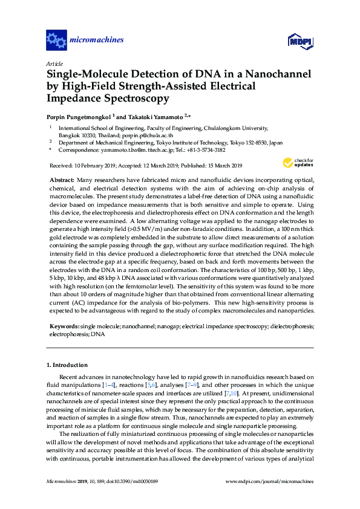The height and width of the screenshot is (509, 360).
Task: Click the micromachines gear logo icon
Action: (x=56, y=41)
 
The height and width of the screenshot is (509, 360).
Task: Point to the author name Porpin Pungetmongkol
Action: (x=79, y=116)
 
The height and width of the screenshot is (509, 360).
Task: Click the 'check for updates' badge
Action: (x=297, y=163)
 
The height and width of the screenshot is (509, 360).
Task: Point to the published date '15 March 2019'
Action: (x=220, y=166)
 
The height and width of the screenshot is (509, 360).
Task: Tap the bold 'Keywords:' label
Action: (x=63, y=326)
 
